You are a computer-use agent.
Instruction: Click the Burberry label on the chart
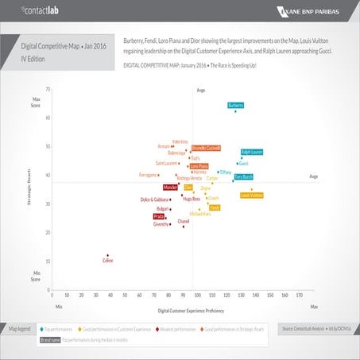click(235, 105)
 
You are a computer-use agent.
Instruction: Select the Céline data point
click(108, 255)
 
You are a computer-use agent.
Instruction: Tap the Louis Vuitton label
click(251, 195)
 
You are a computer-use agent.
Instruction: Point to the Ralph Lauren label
click(252, 151)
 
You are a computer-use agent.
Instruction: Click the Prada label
click(159, 216)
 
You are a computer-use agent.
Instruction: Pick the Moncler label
click(170, 188)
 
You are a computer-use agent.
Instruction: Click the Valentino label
click(180, 141)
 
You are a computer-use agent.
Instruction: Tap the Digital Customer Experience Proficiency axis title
click(191, 309)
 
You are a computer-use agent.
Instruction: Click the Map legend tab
click(19, 327)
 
